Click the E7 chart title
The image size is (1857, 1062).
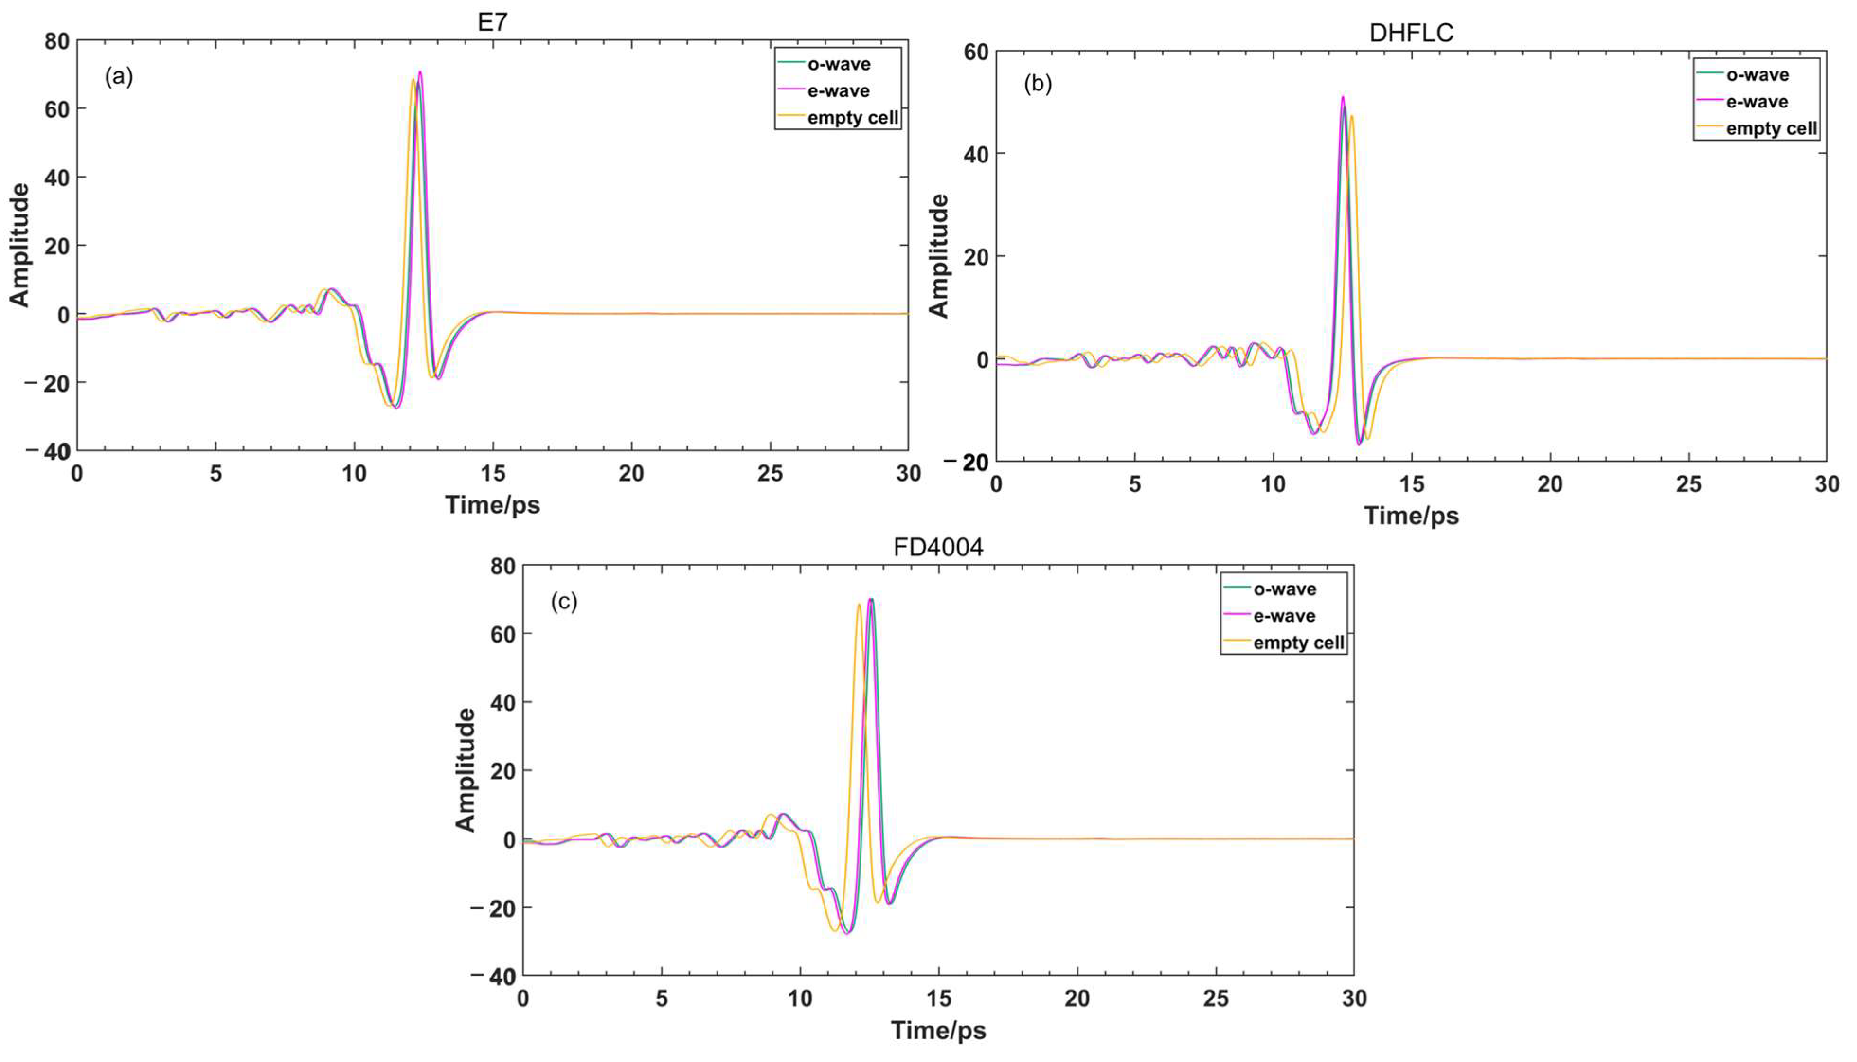[493, 23]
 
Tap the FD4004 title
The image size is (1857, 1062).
[938, 547]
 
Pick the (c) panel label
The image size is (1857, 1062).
[564, 602]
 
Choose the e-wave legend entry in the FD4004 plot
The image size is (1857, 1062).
[1284, 616]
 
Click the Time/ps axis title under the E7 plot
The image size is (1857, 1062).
[493, 505]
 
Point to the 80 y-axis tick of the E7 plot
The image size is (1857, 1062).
[57, 42]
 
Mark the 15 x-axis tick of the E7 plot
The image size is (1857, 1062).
[493, 473]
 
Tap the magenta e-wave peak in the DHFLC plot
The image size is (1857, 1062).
[1342, 98]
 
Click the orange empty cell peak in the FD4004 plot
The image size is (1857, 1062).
[859, 605]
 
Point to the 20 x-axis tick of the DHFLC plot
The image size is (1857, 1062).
[1550, 484]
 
